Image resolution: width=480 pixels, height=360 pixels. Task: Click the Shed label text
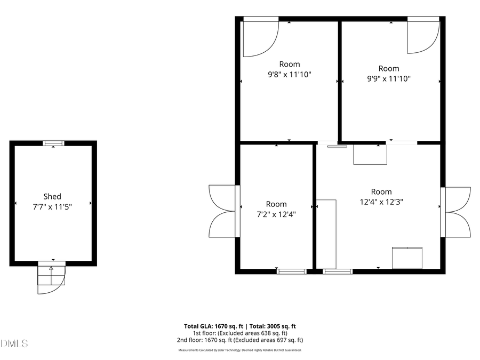[x=52, y=196]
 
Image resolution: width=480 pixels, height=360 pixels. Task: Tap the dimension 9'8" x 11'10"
[x=289, y=74]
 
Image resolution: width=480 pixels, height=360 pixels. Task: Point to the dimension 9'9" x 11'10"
[x=389, y=78]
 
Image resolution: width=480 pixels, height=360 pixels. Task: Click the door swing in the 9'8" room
[x=260, y=38]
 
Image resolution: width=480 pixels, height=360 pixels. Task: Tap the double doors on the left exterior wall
[x=222, y=211]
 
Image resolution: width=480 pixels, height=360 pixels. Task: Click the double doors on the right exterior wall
[x=457, y=211]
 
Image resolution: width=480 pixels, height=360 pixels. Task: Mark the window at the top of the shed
[x=53, y=143]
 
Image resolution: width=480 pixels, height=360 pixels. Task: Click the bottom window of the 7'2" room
[x=292, y=271]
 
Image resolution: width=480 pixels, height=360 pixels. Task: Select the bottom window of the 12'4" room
[x=338, y=271]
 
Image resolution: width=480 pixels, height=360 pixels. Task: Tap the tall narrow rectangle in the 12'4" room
[x=326, y=234]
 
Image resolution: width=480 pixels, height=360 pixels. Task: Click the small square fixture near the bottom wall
[x=407, y=257]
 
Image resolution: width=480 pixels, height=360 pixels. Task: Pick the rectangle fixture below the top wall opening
[x=370, y=154]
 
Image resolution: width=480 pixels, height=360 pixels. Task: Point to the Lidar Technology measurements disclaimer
[x=240, y=350]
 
